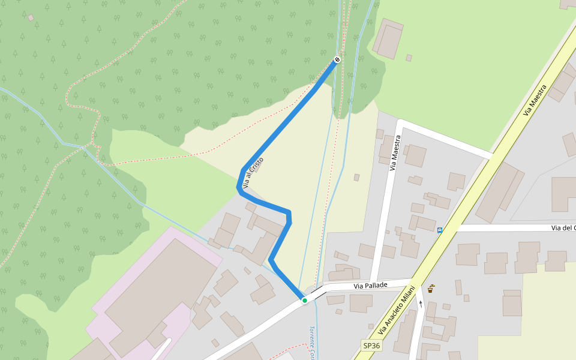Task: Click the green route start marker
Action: point(305,300)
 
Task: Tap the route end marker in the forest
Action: point(337,59)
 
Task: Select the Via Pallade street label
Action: point(370,286)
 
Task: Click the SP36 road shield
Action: point(371,346)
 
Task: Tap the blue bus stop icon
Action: point(440,230)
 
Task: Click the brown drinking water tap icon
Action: point(431,289)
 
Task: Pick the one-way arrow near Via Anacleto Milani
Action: point(420,304)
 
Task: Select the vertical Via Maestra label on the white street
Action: point(395,154)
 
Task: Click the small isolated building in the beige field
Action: point(356,178)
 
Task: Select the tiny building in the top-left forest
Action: point(31,18)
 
